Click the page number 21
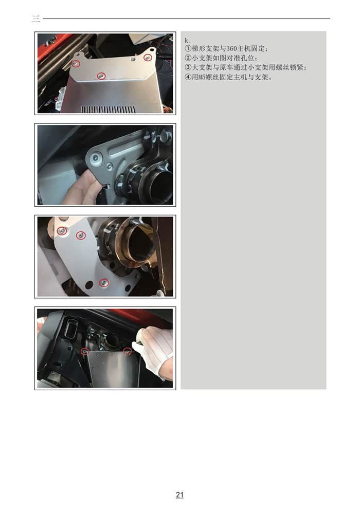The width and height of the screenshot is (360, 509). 179,495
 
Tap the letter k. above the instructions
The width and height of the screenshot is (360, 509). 187,41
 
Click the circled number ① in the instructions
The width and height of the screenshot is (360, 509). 188,49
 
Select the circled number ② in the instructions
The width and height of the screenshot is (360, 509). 188,59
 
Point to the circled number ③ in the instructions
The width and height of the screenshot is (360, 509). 188,67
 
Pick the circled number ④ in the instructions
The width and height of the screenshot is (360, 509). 188,77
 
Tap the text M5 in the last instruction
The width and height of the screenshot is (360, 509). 202,77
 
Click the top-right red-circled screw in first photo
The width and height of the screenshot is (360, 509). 148,58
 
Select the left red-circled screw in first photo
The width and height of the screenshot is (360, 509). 76,64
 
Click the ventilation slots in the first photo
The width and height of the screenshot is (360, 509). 107,109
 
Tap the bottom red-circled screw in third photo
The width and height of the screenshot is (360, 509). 104,283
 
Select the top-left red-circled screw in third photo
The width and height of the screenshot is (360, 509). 62,231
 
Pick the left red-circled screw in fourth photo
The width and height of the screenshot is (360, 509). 85,351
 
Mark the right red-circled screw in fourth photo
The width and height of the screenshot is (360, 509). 128,351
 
